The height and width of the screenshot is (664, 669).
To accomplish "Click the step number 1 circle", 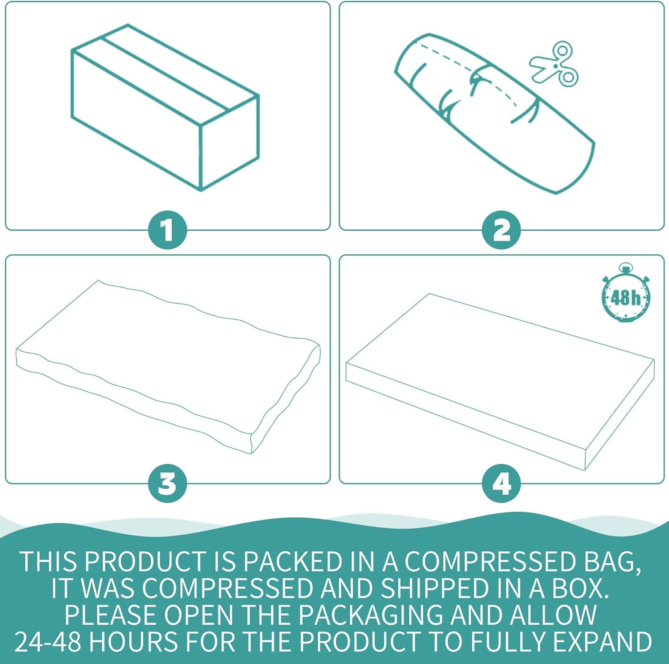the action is pyautogui.click(x=167, y=230).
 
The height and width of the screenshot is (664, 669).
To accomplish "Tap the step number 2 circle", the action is pyautogui.click(x=501, y=230).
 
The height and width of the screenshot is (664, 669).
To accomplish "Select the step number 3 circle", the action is pyautogui.click(x=167, y=483).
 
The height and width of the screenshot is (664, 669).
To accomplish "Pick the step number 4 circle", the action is pyautogui.click(x=501, y=483).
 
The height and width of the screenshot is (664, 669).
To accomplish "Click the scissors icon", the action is pyautogui.click(x=553, y=65).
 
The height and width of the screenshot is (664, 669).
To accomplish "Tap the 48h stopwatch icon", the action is pyautogui.click(x=626, y=293).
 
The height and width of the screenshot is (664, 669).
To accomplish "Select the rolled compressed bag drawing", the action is pyautogui.click(x=495, y=114).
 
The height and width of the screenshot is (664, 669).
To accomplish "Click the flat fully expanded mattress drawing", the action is pyautogui.click(x=500, y=382).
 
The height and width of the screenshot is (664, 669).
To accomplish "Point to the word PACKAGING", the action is pyautogui.click(x=371, y=615).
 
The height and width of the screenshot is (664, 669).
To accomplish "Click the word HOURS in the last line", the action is pyautogui.click(x=136, y=642).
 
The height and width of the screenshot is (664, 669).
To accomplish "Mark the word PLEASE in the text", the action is pyautogui.click(x=112, y=615).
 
